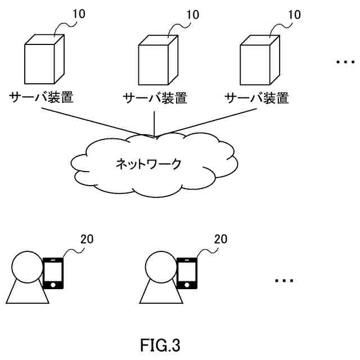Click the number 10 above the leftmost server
pyautogui.click(x=79, y=14)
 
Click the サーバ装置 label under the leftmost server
pyautogui.click(x=42, y=97)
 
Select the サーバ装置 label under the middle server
pyautogui.click(x=155, y=98)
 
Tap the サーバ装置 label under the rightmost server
pyautogui.click(x=257, y=98)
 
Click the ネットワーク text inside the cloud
pyautogui.click(x=149, y=164)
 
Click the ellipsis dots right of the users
pyautogui.click(x=285, y=280)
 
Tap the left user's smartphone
pyautogui.click(x=53, y=273)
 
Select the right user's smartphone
pyautogui.click(x=187, y=273)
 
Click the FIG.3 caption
pyautogui.click(x=160, y=344)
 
